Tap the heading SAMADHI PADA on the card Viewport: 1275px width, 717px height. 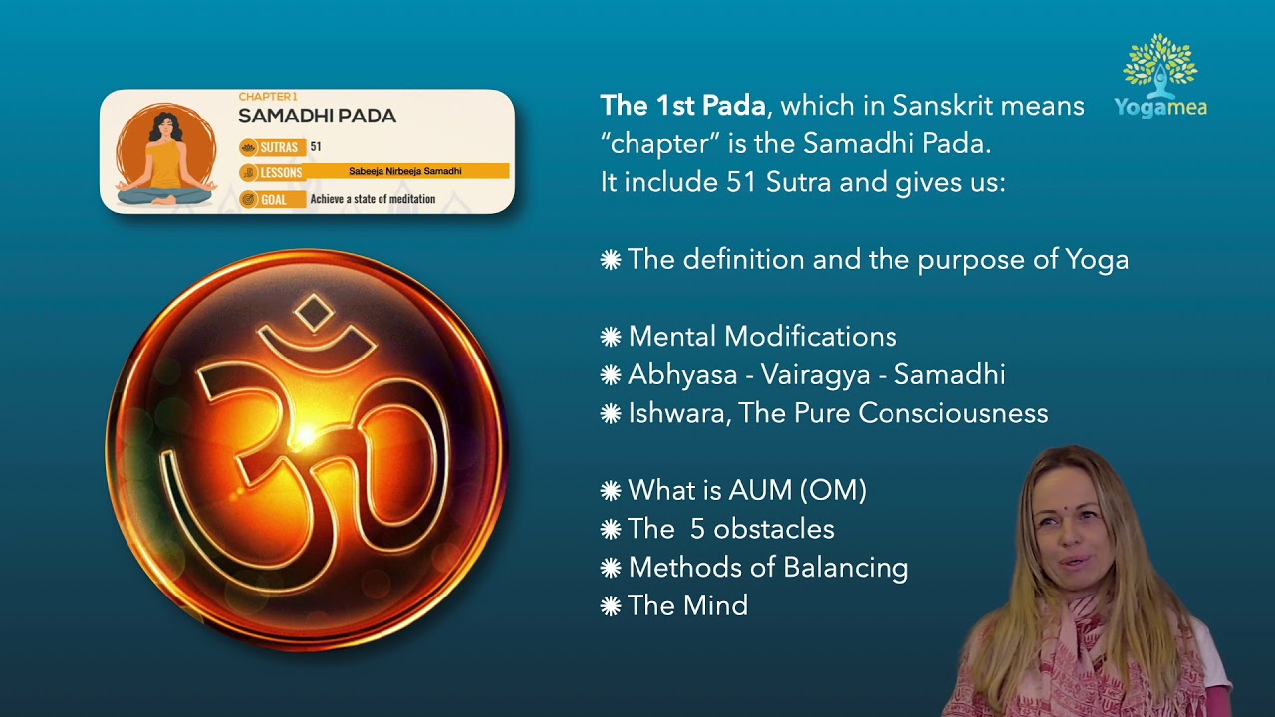(x=317, y=116)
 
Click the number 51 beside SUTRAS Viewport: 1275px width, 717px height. (x=316, y=147)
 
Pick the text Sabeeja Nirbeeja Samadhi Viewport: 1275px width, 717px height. (x=404, y=171)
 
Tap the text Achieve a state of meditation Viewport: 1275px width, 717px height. (x=373, y=199)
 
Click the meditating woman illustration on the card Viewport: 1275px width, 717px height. (x=164, y=154)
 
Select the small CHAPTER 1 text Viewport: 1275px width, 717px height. (x=268, y=97)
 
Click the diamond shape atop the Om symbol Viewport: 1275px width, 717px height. (x=316, y=314)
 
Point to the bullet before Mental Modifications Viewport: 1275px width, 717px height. (x=611, y=337)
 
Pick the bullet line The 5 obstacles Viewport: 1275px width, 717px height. (x=730, y=529)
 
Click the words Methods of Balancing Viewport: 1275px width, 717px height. (x=768, y=568)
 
